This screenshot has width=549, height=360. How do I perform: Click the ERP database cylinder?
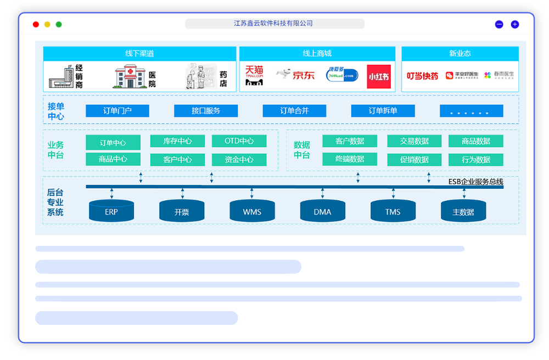click(111, 211)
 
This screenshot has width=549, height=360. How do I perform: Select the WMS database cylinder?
click(252, 211)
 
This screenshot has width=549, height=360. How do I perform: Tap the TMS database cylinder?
click(393, 211)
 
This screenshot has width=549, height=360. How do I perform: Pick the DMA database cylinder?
click(322, 211)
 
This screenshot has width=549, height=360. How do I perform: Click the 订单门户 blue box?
click(117, 111)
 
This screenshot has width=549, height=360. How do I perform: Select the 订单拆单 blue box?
click(383, 111)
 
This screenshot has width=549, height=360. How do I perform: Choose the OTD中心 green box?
click(239, 141)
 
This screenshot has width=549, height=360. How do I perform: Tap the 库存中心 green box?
click(177, 141)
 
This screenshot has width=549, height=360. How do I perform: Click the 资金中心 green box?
click(239, 160)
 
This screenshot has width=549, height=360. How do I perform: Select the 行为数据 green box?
click(475, 160)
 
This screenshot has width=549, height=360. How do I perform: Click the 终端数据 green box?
click(350, 159)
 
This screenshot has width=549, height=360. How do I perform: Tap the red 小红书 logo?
click(378, 77)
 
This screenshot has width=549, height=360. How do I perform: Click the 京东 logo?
click(296, 75)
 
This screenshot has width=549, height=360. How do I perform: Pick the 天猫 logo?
click(254, 76)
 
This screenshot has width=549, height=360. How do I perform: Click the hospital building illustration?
click(130, 76)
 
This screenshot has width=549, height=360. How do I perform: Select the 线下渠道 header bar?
click(139, 54)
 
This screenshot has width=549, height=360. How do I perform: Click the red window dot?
click(36, 24)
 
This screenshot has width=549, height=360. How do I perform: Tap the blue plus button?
click(514, 24)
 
